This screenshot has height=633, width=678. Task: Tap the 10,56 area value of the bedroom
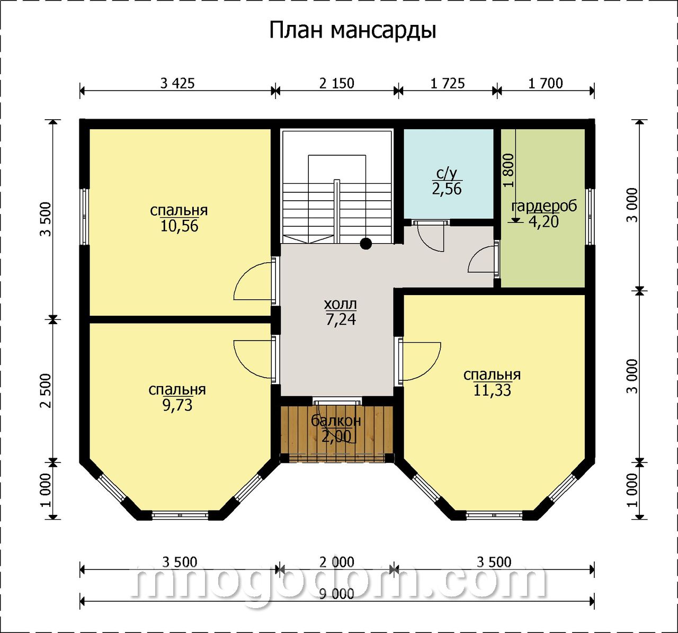pyautogui.click(x=179, y=226)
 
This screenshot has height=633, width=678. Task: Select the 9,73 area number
pyautogui.click(x=177, y=405)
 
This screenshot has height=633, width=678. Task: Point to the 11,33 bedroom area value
pyautogui.click(x=492, y=390)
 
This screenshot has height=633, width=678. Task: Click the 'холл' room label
pyautogui.click(x=341, y=304)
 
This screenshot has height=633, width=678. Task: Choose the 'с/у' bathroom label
pyautogui.click(x=447, y=174)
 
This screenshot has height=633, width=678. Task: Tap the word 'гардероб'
pyautogui.click(x=544, y=207)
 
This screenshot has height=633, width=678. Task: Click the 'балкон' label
pyautogui.click(x=336, y=421)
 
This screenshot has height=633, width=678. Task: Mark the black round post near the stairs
pyautogui.click(x=366, y=244)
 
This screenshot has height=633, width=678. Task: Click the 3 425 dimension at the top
pyautogui.click(x=177, y=83)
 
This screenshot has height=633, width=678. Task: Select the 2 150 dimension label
pyautogui.click(x=336, y=83)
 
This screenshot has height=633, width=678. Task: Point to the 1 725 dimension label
pyautogui.click(x=448, y=83)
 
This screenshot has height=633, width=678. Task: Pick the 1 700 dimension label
pyautogui.click(x=546, y=83)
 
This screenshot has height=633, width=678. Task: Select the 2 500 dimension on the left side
pyautogui.click(x=46, y=391)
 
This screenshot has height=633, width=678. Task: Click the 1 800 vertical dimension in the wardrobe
pyautogui.click(x=508, y=171)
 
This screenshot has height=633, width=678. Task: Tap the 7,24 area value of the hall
pyautogui.click(x=341, y=319)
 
